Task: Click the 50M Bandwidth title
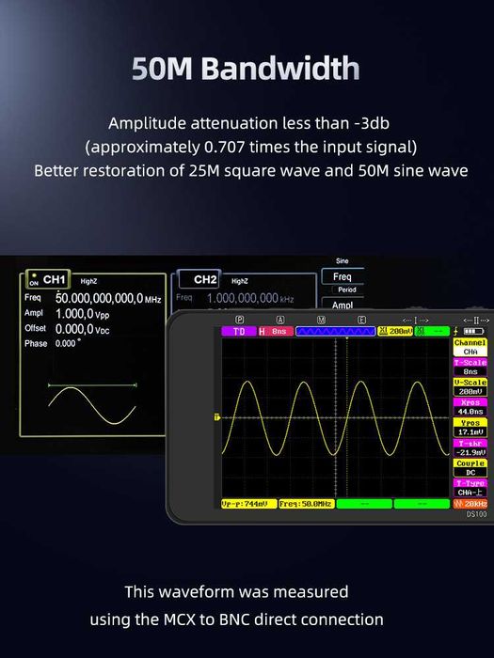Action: click(247, 69)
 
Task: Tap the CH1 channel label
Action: click(54, 280)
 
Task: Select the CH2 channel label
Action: click(205, 280)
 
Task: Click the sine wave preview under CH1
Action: click(92, 399)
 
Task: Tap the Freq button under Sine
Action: click(343, 277)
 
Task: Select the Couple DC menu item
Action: click(470, 467)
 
